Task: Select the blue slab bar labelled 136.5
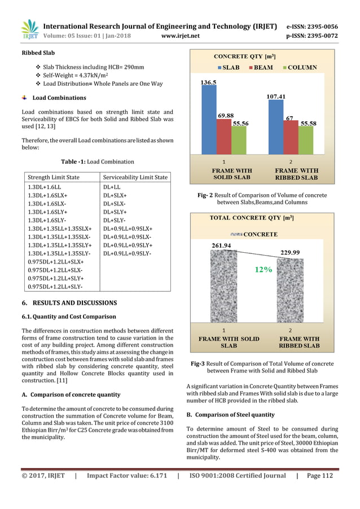pos(208,120)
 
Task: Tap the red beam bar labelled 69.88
pos(224,136)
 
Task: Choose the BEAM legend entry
pos(259,68)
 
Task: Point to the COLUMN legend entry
pos(298,68)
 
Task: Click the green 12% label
pos(263,270)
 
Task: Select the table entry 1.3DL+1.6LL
pos(45,186)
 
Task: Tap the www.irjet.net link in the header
pos(179,36)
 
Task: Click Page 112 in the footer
pos(319,476)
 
